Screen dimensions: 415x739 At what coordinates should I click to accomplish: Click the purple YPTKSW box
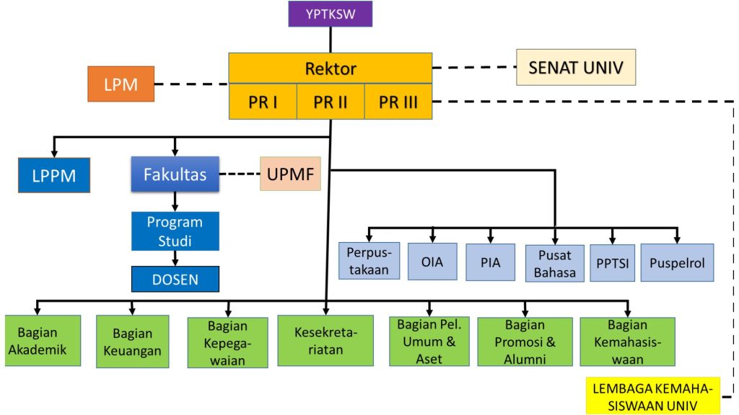330,14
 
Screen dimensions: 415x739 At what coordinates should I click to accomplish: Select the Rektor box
331,68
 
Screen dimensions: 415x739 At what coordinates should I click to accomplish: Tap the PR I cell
263,102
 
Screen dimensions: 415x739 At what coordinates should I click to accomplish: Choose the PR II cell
331,102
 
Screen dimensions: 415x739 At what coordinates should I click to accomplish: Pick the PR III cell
398,102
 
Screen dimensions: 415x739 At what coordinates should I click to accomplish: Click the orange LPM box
121,84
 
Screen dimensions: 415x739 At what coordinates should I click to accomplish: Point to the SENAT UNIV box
576,68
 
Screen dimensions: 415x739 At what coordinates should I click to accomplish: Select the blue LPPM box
54,175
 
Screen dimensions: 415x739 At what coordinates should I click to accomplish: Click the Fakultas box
175,174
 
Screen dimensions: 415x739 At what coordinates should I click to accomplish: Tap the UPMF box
290,174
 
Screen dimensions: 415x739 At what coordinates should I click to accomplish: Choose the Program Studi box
175,231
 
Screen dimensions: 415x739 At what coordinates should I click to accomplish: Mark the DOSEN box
175,279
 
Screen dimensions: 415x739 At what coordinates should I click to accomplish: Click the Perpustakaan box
369,261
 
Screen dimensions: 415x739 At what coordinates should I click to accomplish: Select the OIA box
432,262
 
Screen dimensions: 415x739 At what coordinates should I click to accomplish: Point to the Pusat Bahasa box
554,263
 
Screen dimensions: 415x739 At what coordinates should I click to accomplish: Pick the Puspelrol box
677,262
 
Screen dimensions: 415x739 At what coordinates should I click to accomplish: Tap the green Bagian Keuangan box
133,342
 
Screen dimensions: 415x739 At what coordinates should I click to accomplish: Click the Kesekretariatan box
325,341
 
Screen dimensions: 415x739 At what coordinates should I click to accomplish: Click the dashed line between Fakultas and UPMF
239,174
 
